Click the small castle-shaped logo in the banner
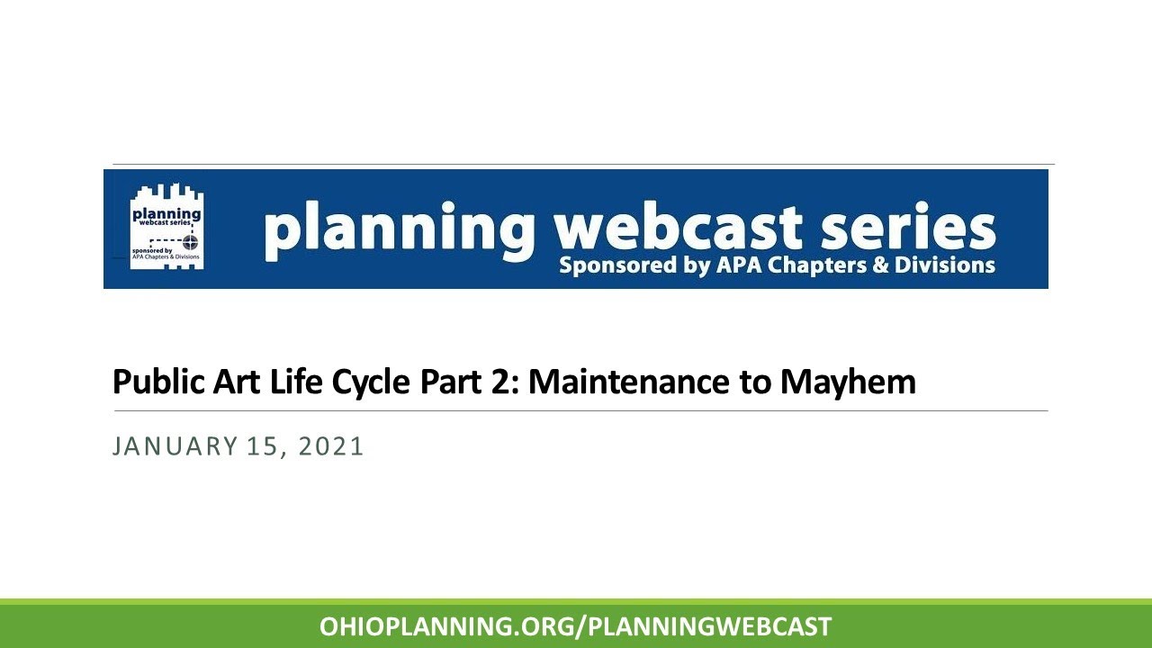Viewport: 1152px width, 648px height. pos(167,227)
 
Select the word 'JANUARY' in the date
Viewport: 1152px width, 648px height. pos(169,446)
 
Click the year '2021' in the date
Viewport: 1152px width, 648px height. pos(331,446)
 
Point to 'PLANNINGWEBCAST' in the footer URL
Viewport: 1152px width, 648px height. pos(709,626)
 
